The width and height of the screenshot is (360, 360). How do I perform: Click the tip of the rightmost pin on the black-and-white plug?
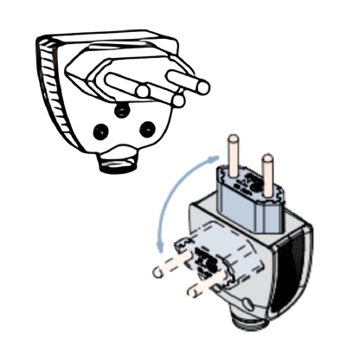(x=205, y=87)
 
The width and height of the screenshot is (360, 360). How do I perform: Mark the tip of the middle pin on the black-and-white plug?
(x=178, y=100)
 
